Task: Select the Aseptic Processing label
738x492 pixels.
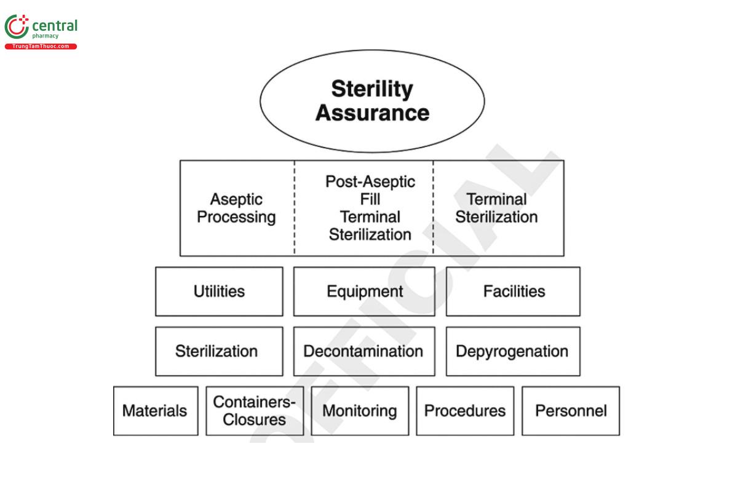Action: [x=236, y=208]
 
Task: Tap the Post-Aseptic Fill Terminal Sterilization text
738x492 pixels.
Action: [x=370, y=208]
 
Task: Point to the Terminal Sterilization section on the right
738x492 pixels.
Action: [x=496, y=208]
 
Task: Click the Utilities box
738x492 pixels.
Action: [x=219, y=292]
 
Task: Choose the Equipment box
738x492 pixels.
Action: [x=364, y=292]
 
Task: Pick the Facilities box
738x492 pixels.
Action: [x=513, y=292]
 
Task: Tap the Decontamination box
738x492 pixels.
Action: [x=364, y=351]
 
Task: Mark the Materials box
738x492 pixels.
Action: [x=156, y=411]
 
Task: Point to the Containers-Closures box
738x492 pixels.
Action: [x=255, y=411]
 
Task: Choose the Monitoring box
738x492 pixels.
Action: [x=360, y=411]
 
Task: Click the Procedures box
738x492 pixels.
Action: [x=465, y=411]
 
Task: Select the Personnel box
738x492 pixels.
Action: [x=571, y=411]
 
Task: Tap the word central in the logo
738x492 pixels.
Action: [x=55, y=26]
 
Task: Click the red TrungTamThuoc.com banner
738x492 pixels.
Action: [x=41, y=47]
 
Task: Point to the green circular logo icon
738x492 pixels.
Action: [x=16, y=27]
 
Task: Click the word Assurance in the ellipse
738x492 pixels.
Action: [x=372, y=113]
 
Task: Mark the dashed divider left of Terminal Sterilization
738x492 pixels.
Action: [x=433, y=208]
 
